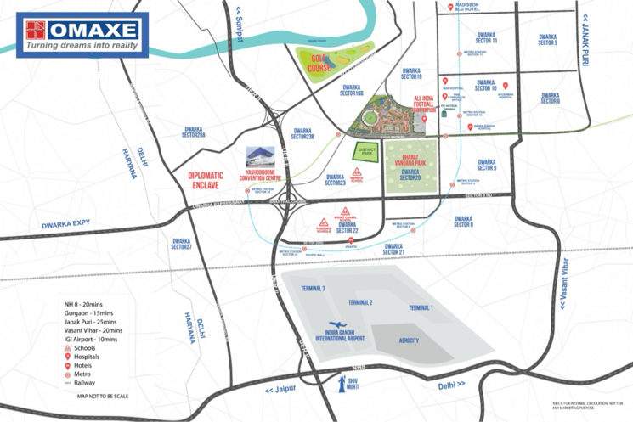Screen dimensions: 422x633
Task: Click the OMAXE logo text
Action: (93, 31)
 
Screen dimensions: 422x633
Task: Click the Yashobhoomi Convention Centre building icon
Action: (260, 155)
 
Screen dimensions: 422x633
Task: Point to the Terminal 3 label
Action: (312, 290)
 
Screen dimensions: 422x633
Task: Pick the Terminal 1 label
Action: (421, 307)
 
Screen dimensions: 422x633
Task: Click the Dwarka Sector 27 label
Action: (182, 243)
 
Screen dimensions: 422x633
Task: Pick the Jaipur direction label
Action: (281, 390)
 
